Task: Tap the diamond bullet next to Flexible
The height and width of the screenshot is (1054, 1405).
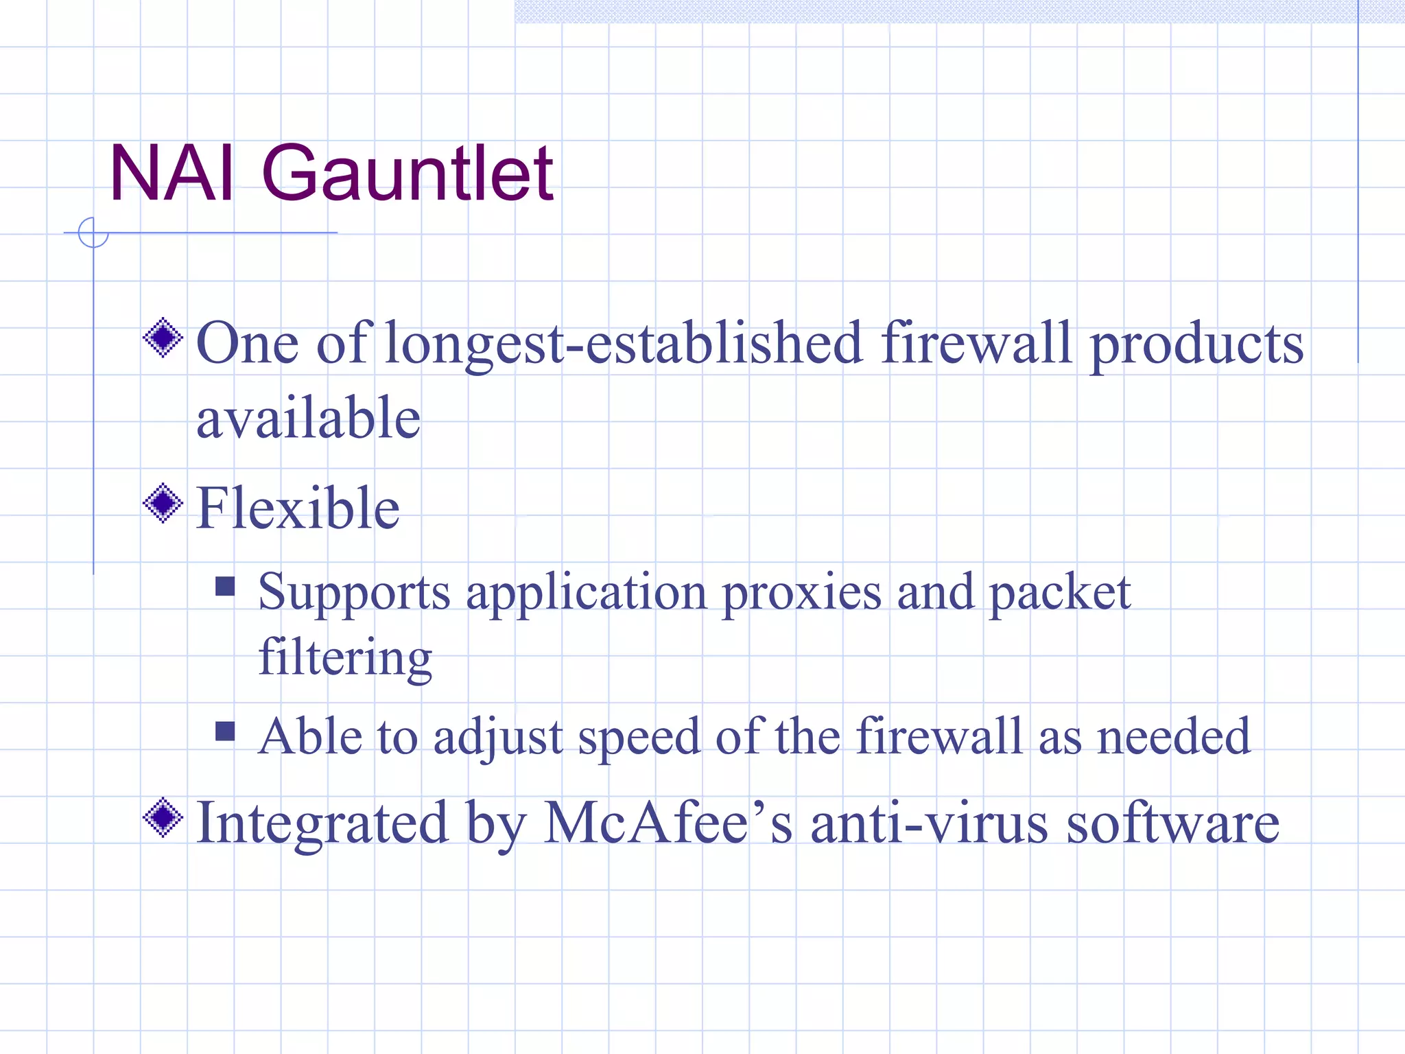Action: point(163,504)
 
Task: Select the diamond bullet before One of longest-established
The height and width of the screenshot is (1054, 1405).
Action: point(163,338)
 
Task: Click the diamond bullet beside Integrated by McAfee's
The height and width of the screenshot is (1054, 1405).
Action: point(163,817)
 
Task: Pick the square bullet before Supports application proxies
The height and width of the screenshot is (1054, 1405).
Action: point(225,586)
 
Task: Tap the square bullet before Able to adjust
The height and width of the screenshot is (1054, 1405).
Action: point(225,731)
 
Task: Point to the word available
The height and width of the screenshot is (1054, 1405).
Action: point(308,419)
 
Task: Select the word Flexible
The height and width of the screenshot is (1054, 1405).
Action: point(298,508)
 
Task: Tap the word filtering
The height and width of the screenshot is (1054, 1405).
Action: point(345,657)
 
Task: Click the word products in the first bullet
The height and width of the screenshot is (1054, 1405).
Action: point(1196,344)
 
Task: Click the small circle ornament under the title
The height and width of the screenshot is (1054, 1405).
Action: point(93,233)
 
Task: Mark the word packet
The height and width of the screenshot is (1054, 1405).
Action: point(1059,593)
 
